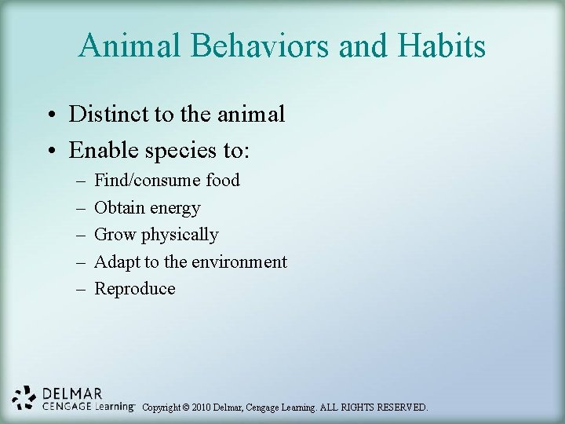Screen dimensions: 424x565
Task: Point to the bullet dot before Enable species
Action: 49,149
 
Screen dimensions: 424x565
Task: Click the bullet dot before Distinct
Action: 49,115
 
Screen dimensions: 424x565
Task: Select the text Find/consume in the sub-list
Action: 148,181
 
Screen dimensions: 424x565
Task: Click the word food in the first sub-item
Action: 222,181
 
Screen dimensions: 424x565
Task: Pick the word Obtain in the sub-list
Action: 119,208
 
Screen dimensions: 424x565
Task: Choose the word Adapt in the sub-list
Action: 117,261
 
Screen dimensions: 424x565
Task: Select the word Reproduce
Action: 135,289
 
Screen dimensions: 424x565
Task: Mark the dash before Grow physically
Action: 80,235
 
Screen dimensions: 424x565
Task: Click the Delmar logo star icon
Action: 24,397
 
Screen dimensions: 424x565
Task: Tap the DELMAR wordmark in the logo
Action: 72,393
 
